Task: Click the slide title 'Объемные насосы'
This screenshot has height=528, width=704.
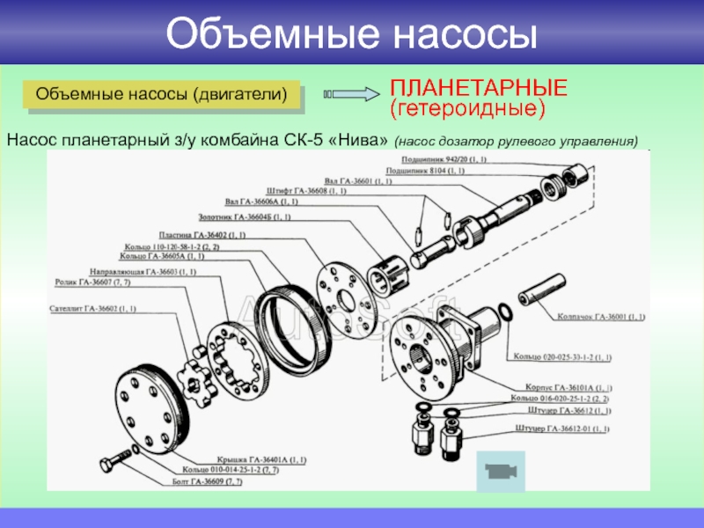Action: click(x=351, y=33)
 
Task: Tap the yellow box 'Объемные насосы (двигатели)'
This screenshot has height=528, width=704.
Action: click(x=164, y=93)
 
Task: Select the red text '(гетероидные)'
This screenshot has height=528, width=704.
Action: click(x=468, y=109)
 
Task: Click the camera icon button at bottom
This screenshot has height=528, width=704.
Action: click(x=499, y=471)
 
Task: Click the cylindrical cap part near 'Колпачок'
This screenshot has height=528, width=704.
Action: click(x=544, y=290)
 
